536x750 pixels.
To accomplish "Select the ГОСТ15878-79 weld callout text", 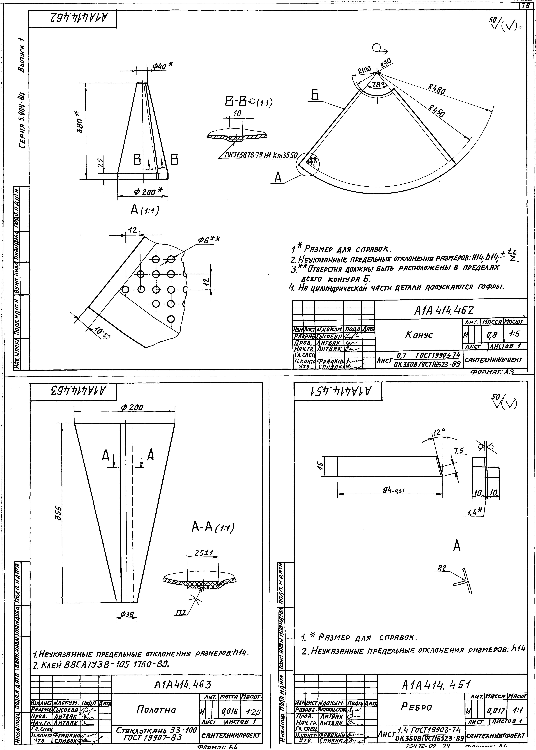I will point(261,155).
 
